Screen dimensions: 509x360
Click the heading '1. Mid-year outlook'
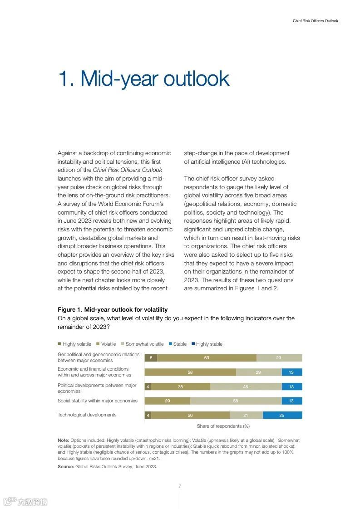[x=143, y=78]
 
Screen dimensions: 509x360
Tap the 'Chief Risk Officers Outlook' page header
[x=315, y=21]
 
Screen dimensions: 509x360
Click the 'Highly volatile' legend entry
[x=74, y=344]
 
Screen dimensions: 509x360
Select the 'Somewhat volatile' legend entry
[x=142, y=344]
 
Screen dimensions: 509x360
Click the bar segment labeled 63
[x=207, y=358]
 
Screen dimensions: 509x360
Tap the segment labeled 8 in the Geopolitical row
[x=151, y=358]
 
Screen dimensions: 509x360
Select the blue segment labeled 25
[x=282, y=415]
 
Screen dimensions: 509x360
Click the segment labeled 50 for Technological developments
[x=190, y=415]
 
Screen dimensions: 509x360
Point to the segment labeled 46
[x=246, y=387]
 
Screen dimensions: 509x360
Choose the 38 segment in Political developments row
[x=180, y=387]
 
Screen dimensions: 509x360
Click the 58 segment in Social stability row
[x=236, y=401]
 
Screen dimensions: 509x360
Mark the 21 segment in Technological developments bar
[x=246, y=415]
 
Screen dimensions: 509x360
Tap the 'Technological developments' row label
[x=87, y=415]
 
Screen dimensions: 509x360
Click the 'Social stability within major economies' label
[x=97, y=401]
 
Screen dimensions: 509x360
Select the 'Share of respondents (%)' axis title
[x=223, y=426]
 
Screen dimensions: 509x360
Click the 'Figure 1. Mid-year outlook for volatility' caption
[x=113, y=309]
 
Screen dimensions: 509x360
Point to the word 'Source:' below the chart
[x=65, y=466]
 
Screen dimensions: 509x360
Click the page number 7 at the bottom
[x=180, y=486]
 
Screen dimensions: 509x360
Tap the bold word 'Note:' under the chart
[x=64, y=440]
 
